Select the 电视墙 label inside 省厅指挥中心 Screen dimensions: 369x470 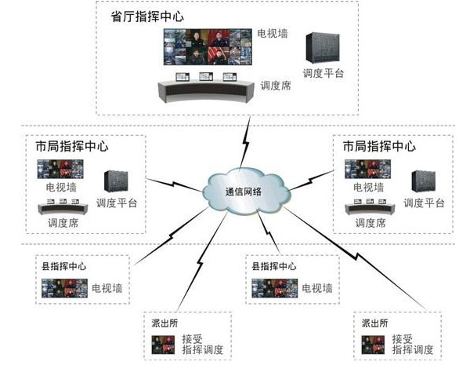tap(274, 35)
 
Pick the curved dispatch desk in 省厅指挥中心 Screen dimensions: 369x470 tap(207, 89)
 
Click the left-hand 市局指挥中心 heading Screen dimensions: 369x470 tap(72, 146)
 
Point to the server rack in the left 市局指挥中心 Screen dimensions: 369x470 tap(116, 183)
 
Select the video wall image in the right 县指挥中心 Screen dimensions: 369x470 tap(273, 288)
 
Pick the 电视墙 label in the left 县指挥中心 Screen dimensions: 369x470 tap(106, 288)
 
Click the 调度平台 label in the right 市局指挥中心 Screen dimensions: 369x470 tap(424, 203)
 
